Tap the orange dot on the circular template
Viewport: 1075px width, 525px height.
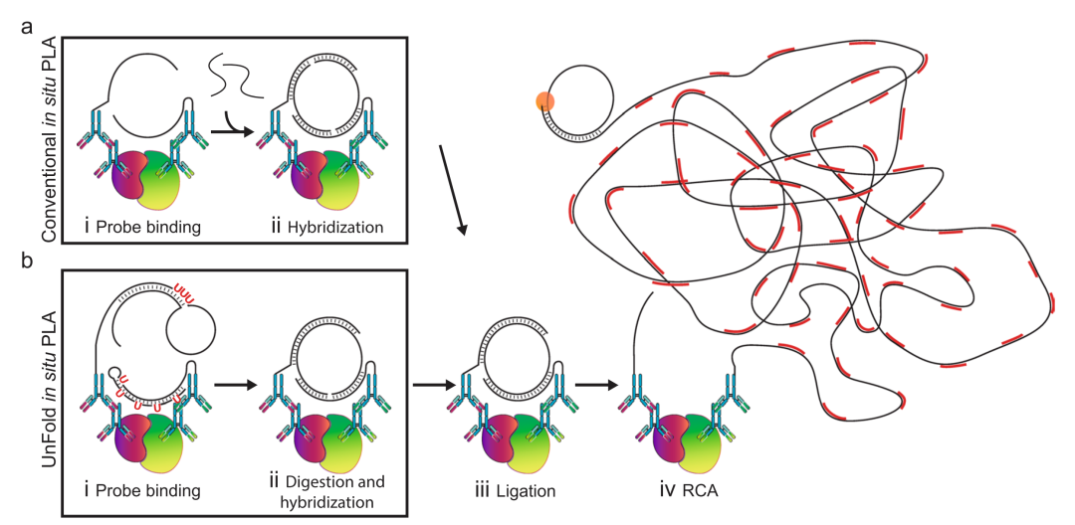pyautogui.click(x=544, y=100)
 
